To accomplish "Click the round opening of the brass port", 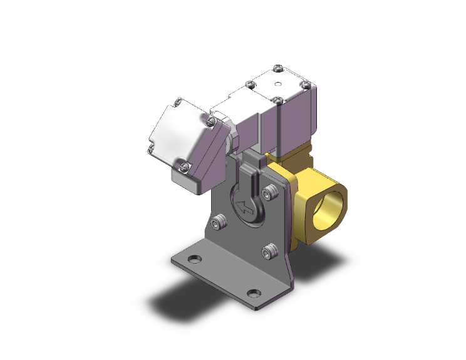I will [x=331, y=213].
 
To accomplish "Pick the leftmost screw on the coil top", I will [x=251, y=84].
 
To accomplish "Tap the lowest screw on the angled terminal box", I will [x=184, y=165].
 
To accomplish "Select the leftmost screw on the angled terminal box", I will [x=151, y=148].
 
